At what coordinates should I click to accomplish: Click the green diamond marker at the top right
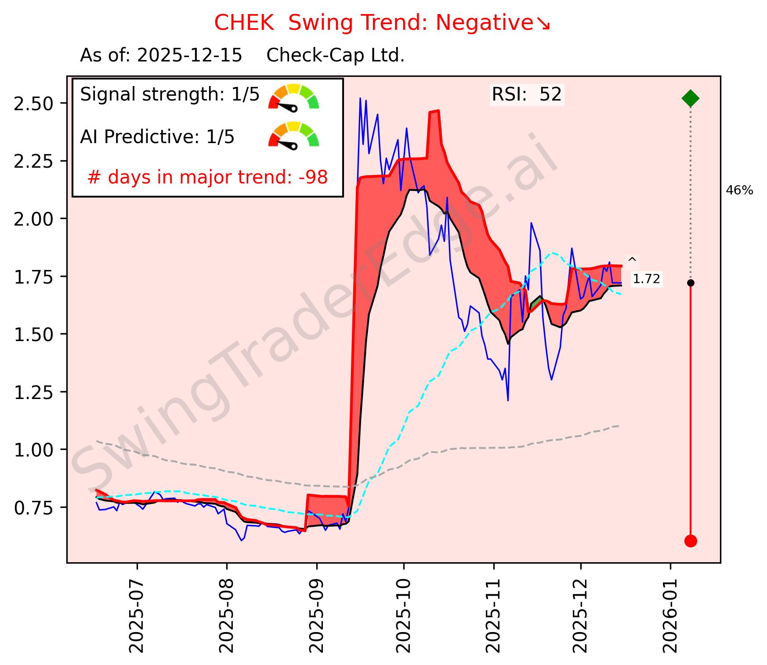point(690,98)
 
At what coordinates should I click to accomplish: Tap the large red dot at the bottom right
point(690,541)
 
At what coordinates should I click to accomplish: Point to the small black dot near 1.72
point(690,283)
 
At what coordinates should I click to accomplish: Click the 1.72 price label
point(646,279)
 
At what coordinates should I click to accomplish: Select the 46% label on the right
point(739,191)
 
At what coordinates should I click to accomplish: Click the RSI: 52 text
point(526,95)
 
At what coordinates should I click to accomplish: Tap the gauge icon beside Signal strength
point(293,97)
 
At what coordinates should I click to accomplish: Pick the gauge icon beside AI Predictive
point(293,135)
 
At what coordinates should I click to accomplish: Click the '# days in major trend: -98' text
point(207,177)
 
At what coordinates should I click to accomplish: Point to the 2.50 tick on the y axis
point(33,104)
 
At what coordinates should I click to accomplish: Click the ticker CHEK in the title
point(244,23)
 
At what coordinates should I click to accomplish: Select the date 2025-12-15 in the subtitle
point(189,56)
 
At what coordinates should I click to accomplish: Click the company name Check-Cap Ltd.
point(335,56)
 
